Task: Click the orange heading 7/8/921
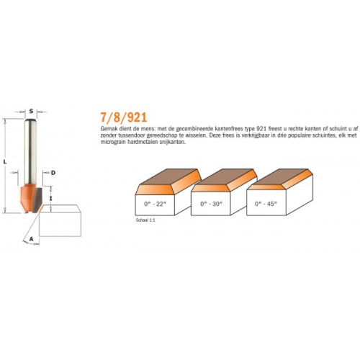(x=124, y=117)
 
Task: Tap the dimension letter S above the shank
(x=31, y=111)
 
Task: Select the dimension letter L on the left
(x=5, y=162)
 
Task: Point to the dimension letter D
(x=53, y=173)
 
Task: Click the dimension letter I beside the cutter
(x=51, y=199)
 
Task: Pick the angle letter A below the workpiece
(x=31, y=239)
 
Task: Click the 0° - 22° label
(x=155, y=204)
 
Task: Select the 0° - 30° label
(x=212, y=204)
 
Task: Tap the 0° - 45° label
(x=266, y=204)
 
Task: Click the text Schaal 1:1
(x=145, y=220)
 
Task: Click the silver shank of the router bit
(x=30, y=152)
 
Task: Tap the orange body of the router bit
(x=27, y=198)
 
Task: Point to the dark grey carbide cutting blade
(x=37, y=200)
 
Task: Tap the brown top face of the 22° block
(x=168, y=176)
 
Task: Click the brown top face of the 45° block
(x=279, y=177)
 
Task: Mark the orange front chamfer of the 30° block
(x=211, y=188)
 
